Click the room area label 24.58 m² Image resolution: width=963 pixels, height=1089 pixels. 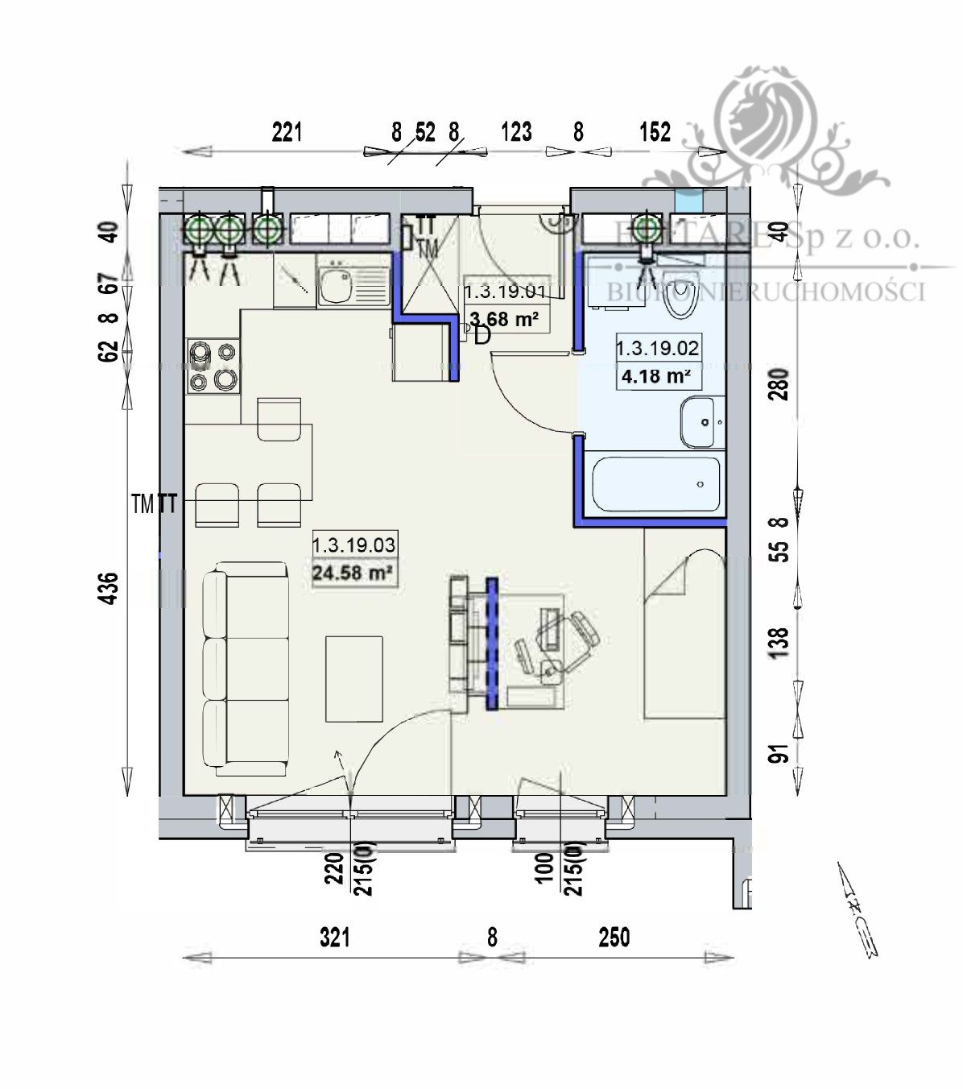353,573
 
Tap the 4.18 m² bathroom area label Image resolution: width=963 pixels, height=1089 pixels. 657,376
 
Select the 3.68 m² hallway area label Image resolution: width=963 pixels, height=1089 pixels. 504,319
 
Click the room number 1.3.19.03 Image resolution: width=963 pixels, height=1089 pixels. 353,545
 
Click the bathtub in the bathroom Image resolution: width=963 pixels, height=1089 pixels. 655,483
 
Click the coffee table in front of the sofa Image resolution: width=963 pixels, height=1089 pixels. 353,678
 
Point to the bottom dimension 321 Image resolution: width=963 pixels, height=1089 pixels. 334,938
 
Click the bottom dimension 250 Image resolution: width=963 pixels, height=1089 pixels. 614,938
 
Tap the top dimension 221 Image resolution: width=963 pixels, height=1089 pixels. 286,131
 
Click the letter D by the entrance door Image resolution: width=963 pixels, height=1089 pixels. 482,335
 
